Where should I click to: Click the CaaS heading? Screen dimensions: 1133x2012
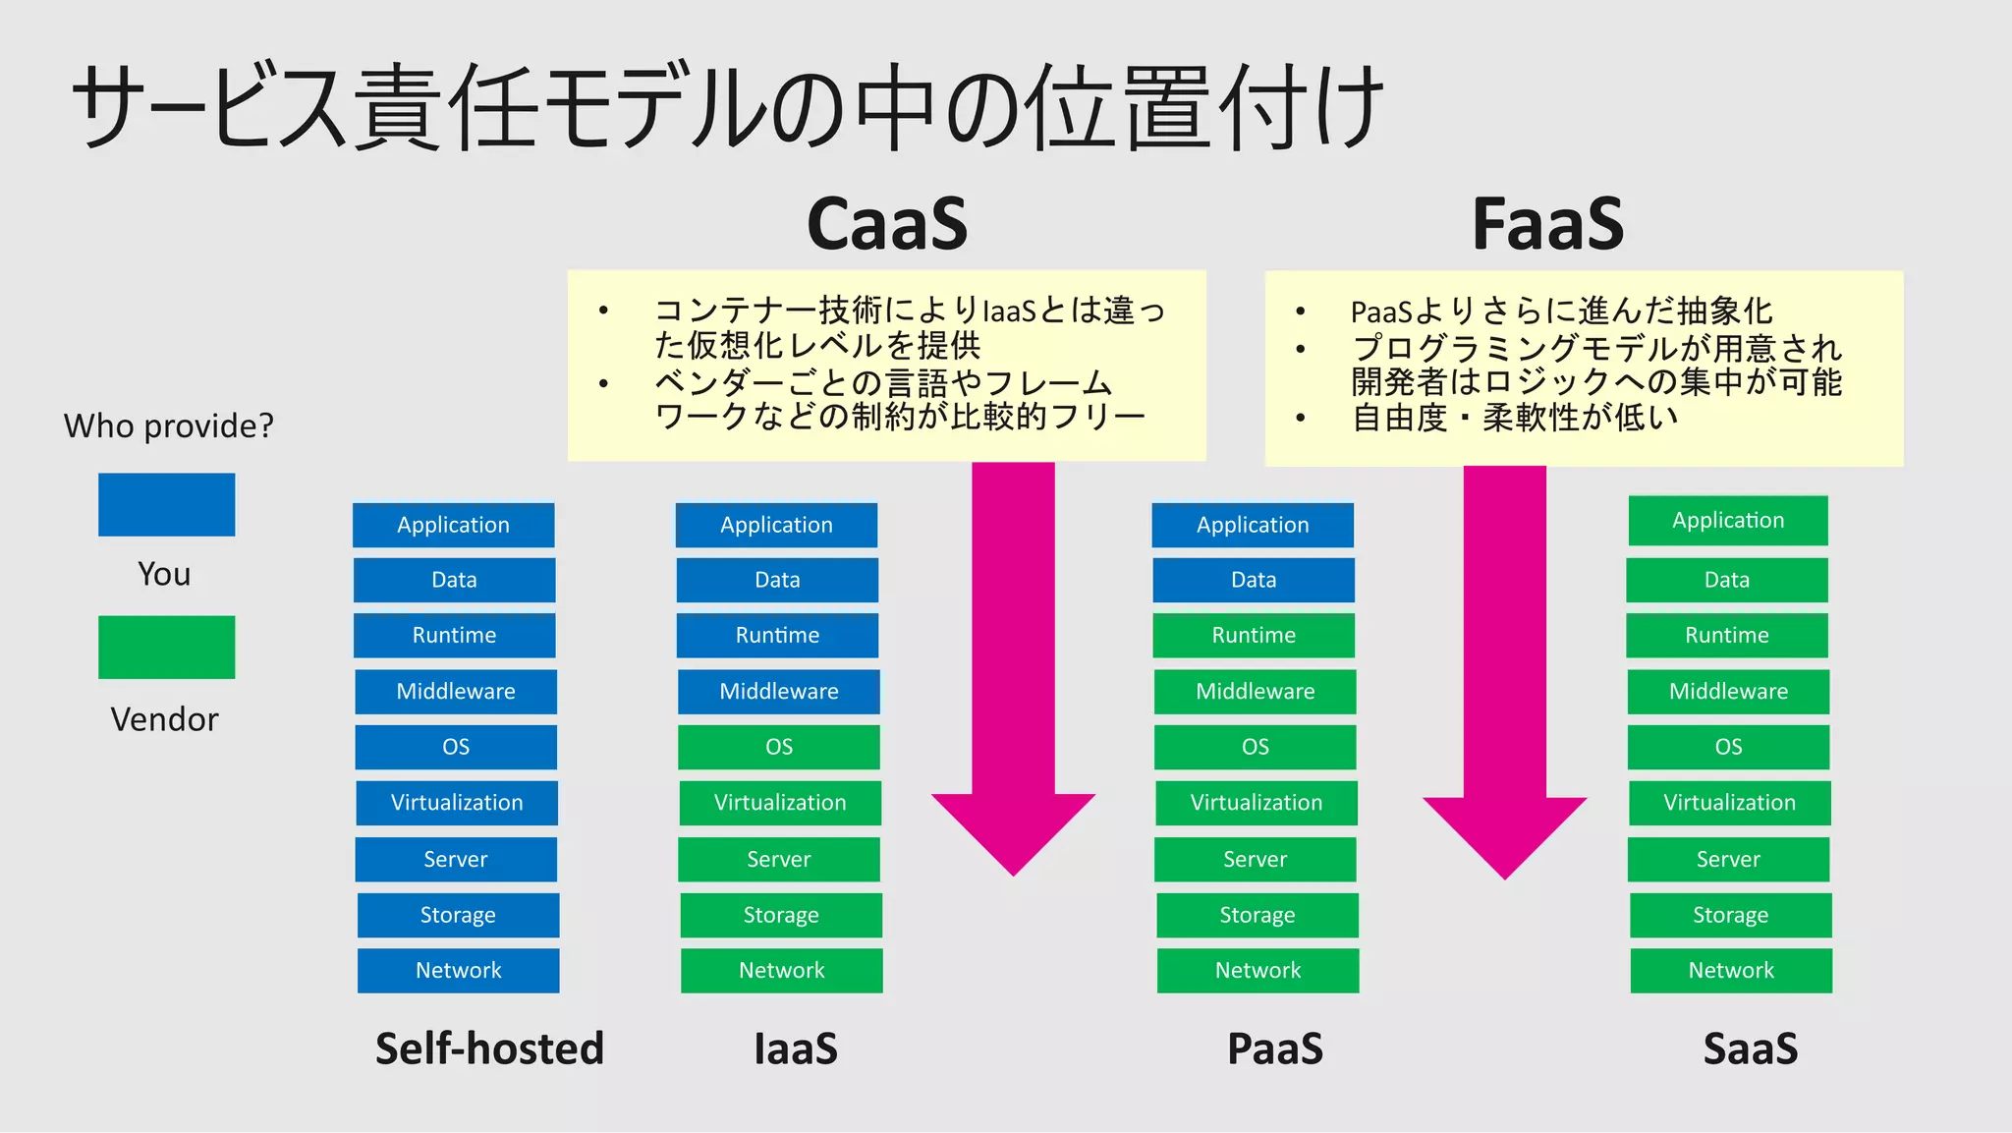click(x=887, y=224)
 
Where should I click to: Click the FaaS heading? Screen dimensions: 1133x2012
click(x=1547, y=224)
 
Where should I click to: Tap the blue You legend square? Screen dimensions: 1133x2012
click(x=166, y=504)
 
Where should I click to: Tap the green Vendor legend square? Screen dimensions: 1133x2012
click(x=166, y=647)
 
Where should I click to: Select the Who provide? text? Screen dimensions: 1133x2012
click(x=168, y=425)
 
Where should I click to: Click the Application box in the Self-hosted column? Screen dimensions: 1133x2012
click(x=453, y=525)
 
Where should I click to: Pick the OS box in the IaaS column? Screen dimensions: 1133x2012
click(x=778, y=747)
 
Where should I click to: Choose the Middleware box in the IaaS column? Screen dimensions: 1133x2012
click(x=778, y=691)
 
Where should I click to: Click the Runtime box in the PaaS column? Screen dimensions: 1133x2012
click(x=1254, y=635)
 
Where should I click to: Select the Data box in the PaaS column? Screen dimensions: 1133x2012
click(x=1254, y=580)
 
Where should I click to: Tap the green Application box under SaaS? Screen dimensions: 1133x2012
click(x=1728, y=520)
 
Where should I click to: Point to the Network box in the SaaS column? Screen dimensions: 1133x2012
click(x=1731, y=970)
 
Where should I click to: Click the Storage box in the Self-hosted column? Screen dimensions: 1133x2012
click(x=458, y=915)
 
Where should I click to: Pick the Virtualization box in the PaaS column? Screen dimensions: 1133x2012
click(x=1256, y=803)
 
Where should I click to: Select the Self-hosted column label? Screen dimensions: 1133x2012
click(x=489, y=1048)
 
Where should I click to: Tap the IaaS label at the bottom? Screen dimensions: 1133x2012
click(x=796, y=1048)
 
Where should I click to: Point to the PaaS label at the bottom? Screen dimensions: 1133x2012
click(x=1275, y=1048)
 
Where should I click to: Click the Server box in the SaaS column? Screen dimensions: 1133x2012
click(x=1728, y=859)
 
